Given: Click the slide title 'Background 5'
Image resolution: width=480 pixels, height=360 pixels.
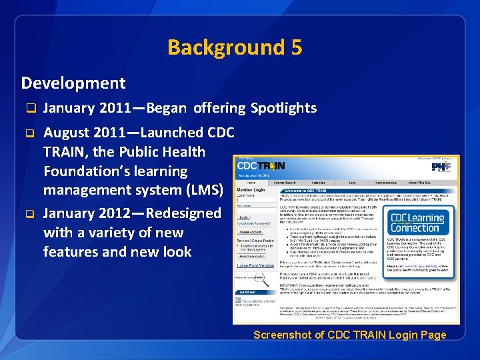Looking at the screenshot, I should [235, 47].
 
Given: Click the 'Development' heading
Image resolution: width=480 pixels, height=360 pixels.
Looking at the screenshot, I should [73, 83].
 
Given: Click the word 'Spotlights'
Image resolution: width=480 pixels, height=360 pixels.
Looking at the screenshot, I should [283, 108].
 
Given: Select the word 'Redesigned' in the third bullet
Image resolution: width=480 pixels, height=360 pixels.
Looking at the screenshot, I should [183, 213].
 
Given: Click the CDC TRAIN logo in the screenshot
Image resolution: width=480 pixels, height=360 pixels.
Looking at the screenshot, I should [261, 166].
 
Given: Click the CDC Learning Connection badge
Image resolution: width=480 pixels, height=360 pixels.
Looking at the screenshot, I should [417, 223].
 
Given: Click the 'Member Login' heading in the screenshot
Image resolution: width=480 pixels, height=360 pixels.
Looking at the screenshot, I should [251, 190].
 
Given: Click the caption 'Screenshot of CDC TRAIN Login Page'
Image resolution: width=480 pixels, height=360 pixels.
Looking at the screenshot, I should [349, 335].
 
